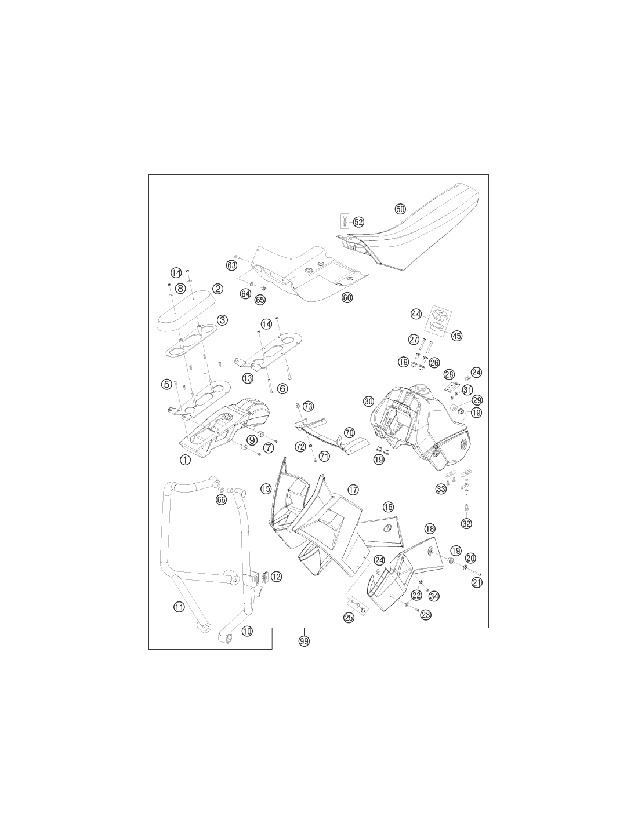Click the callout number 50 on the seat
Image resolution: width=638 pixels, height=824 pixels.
coord(400,209)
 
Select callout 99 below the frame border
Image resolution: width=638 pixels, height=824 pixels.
coord(304,640)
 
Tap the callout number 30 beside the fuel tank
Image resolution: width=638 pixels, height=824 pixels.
coord(368,401)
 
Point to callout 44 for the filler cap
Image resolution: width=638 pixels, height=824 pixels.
coord(416,314)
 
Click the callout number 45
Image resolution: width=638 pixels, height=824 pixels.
coord(457,336)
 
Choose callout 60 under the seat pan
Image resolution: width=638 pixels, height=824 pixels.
coord(347,298)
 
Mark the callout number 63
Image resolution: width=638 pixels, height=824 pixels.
coord(231,265)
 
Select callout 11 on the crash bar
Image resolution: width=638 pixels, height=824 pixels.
coord(179,607)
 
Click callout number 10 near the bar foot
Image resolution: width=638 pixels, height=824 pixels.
coord(246,631)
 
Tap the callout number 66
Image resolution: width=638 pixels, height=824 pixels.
coord(221,499)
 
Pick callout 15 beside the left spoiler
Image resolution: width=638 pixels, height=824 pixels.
coord(266,489)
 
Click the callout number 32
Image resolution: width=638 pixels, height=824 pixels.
coord(466,523)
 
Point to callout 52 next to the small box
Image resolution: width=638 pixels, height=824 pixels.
coord(358,222)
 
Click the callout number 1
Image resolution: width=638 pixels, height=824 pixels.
coord(185,460)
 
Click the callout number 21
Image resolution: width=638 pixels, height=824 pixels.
coord(477,582)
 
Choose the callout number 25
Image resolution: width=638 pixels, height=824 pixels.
coord(349,617)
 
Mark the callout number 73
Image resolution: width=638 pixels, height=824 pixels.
coord(308,407)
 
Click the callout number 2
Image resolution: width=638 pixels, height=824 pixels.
coord(217,289)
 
